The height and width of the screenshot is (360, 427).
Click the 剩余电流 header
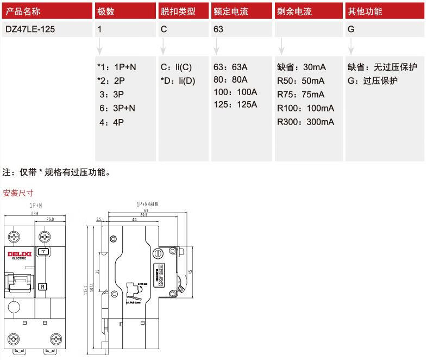point(294,11)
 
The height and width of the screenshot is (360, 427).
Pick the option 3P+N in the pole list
point(117,108)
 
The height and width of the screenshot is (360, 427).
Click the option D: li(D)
point(178,81)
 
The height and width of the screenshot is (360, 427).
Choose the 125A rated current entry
point(236,104)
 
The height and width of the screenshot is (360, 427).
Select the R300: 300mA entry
point(305,121)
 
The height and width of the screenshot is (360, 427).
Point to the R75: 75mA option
point(301,94)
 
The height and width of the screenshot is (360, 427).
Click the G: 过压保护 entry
point(373,81)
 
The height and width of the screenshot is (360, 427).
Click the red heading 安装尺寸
point(18,193)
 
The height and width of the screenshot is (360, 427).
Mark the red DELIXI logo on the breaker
point(20,253)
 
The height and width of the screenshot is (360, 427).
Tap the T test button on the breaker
point(42,252)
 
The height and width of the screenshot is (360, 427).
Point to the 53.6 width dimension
point(34,214)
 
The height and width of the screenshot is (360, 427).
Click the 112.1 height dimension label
point(86,290)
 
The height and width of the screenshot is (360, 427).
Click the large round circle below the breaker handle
point(15,307)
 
